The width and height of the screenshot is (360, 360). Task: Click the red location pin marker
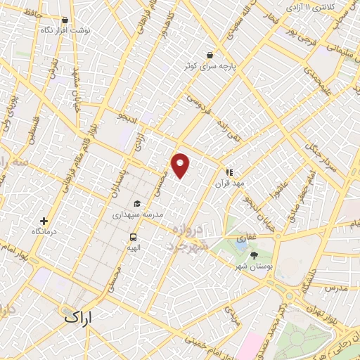click(x=181, y=164)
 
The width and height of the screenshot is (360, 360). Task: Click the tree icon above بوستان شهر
click(x=254, y=255)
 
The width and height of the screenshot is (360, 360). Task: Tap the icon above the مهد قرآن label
click(x=229, y=172)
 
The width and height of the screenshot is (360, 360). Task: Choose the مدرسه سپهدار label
click(x=138, y=214)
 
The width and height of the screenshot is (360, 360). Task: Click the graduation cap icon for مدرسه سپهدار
click(x=137, y=204)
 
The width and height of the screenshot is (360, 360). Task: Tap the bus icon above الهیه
click(x=133, y=237)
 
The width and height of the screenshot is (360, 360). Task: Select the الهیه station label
click(x=133, y=247)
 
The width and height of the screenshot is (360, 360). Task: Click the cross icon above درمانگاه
click(x=44, y=221)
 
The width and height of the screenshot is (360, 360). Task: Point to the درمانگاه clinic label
click(x=44, y=231)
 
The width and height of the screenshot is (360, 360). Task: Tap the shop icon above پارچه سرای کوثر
click(x=209, y=55)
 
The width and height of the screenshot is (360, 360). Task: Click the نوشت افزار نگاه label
click(x=65, y=32)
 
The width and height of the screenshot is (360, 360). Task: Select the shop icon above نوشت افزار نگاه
click(x=65, y=21)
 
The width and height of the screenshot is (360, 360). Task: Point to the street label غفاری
click(x=246, y=238)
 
